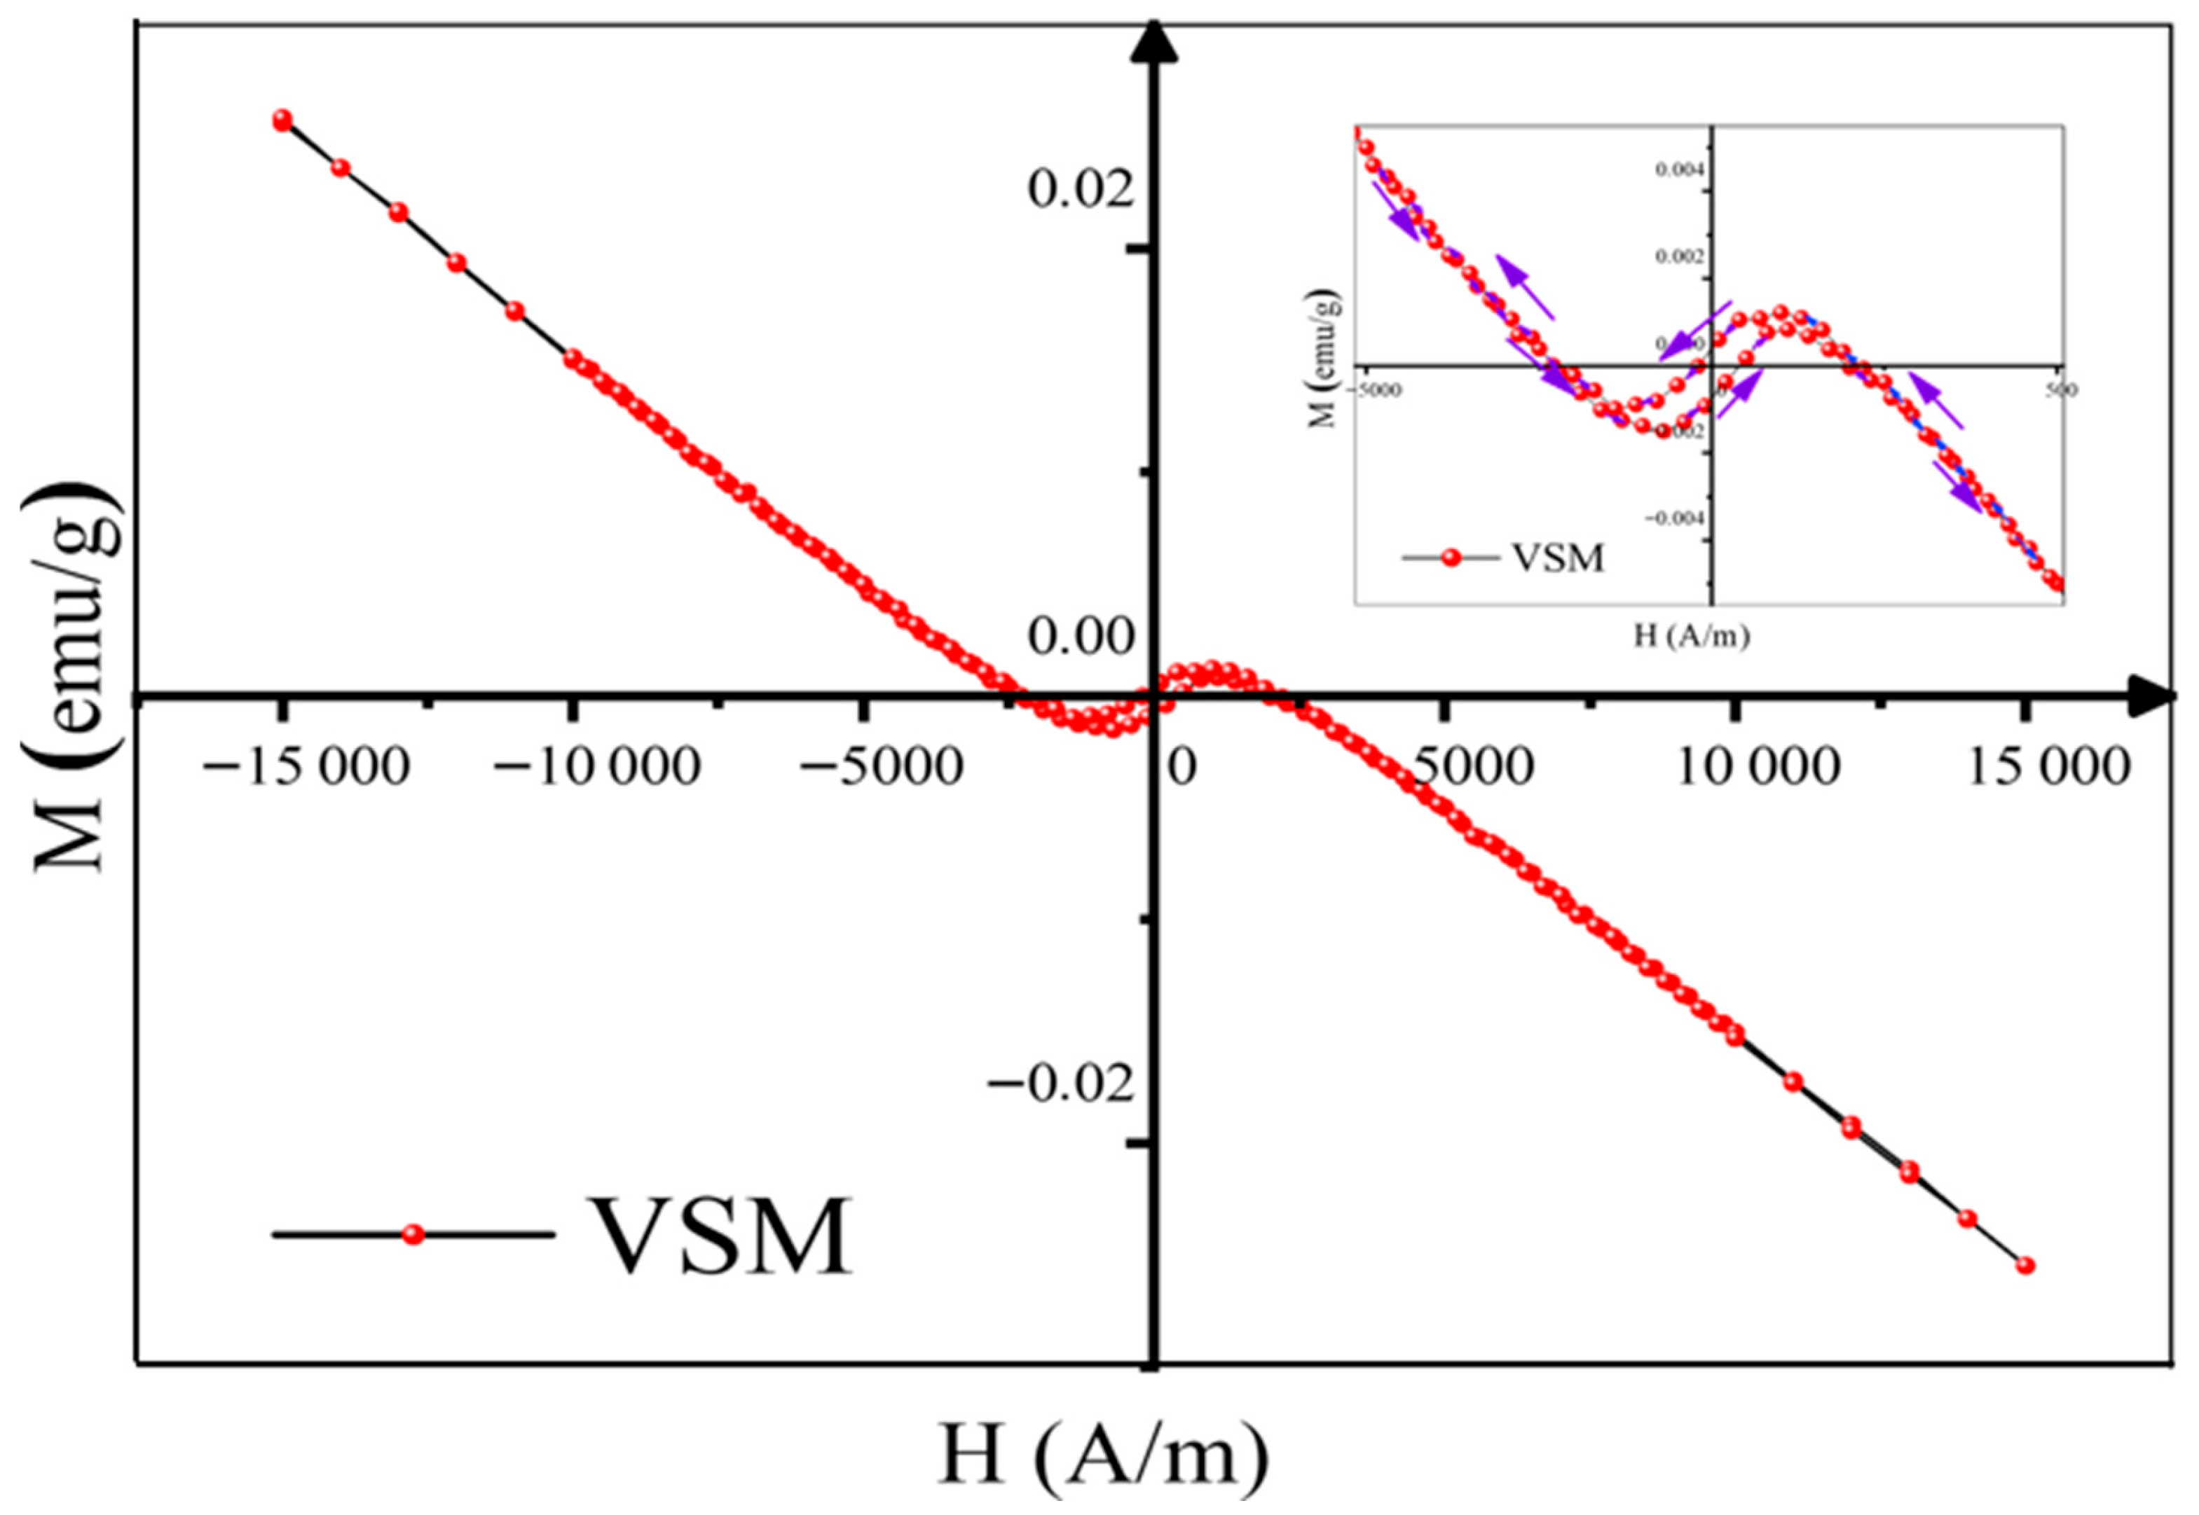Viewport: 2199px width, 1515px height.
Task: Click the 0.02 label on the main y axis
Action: pyautogui.click(x=1081, y=189)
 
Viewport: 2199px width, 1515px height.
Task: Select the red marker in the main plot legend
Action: pyautogui.click(x=412, y=1234)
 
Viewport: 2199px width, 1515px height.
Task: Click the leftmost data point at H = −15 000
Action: pyautogui.click(x=282, y=120)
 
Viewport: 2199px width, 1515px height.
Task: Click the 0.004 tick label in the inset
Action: pyautogui.click(x=1680, y=170)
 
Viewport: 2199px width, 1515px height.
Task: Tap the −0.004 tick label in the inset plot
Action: pyautogui.click(x=1677, y=518)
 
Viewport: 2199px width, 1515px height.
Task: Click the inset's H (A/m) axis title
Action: pyautogui.click(x=1691, y=635)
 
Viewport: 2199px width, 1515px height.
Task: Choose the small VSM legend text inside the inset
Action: pyautogui.click(x=1557, y=558)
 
